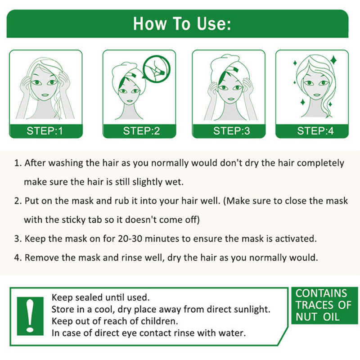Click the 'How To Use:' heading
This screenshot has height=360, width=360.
182,23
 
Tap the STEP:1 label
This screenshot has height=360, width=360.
45,131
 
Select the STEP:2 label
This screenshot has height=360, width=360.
141,131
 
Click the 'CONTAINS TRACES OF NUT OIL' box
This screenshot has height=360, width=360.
322,306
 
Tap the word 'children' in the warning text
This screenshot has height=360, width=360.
158,321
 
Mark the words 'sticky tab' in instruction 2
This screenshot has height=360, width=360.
78,220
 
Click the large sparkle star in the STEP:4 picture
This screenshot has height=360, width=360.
333,59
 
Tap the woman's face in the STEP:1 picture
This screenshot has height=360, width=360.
45,85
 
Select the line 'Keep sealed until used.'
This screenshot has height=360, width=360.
100,298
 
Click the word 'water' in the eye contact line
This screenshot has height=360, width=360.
233,333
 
